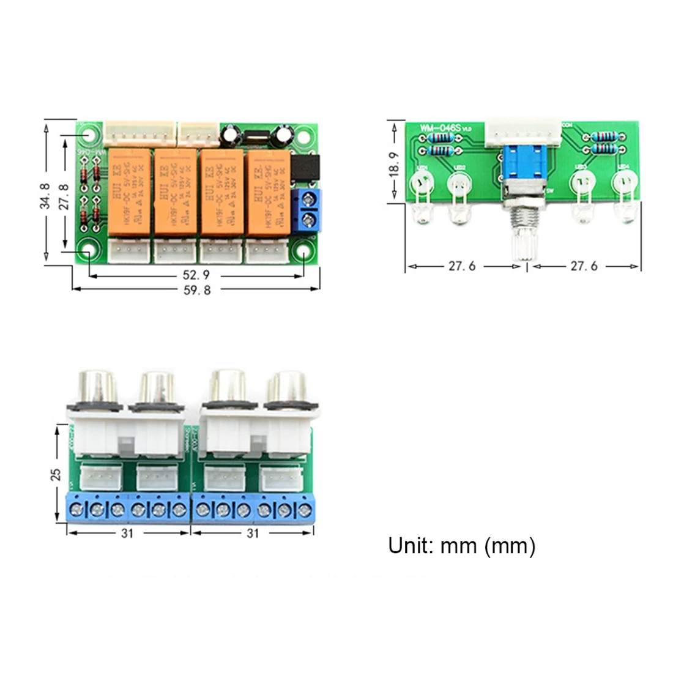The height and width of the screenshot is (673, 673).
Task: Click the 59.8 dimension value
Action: click(x=197, y=291)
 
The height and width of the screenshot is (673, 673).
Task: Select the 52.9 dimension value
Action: click(x=197, y=276)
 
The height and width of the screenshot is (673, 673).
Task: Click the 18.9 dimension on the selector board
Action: click(x=393, y=163)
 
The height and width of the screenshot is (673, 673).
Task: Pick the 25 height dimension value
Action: click(x=56, y=474)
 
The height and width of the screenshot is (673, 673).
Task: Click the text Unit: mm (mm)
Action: click(x=461, y=546)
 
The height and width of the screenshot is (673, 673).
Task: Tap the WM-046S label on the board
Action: click(x=439, y=128)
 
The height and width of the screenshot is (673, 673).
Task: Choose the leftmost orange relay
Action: click(x=129, y=191)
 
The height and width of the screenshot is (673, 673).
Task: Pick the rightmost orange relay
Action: click(x=268, y=191)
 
